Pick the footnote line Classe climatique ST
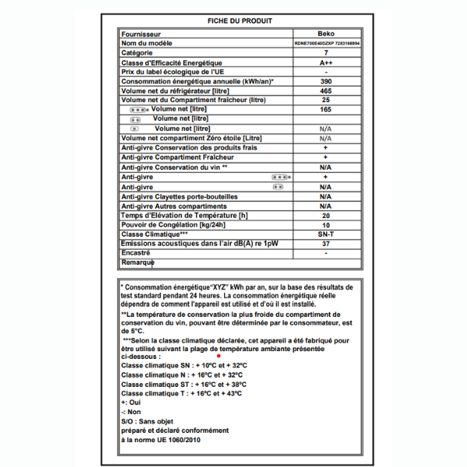tap(184, 384)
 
